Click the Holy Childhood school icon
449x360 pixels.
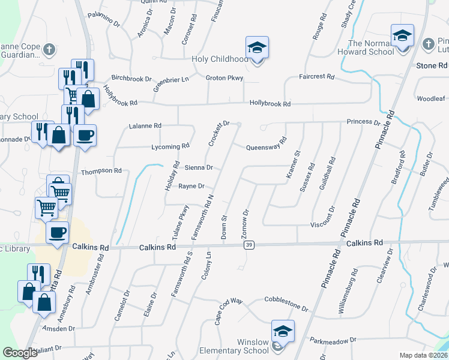(257, 47)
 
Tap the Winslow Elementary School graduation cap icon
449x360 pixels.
(283, 331)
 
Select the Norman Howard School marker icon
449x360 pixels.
(402, 35)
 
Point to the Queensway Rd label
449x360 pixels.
(267, 144)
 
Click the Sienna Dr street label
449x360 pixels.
(199, 168)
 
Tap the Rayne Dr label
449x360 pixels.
(192, 186)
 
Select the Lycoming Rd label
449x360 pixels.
(171, 145)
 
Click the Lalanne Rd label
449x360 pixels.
(145, 126)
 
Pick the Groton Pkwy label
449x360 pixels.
(224, 78)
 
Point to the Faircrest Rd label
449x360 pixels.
(316, 77)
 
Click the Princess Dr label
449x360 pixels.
(363, 122)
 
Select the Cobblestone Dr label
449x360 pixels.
(286, 303)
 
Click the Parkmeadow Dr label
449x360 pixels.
(333, 341)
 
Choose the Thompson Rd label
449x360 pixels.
(101, 170)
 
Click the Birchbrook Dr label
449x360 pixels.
(131, 79)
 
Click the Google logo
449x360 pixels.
(20, 353)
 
